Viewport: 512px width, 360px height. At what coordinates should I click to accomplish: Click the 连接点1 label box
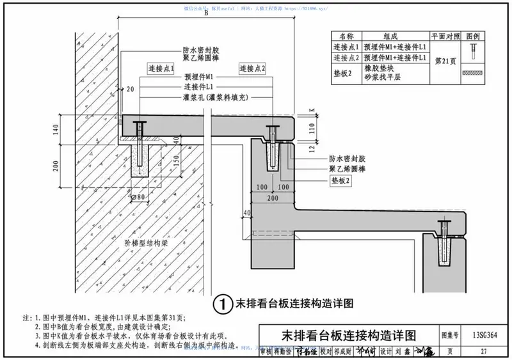click(161, 68)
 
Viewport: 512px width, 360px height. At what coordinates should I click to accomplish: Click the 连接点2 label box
click(252, 68)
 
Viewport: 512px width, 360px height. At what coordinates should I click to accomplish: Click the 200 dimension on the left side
click(56, 166)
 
